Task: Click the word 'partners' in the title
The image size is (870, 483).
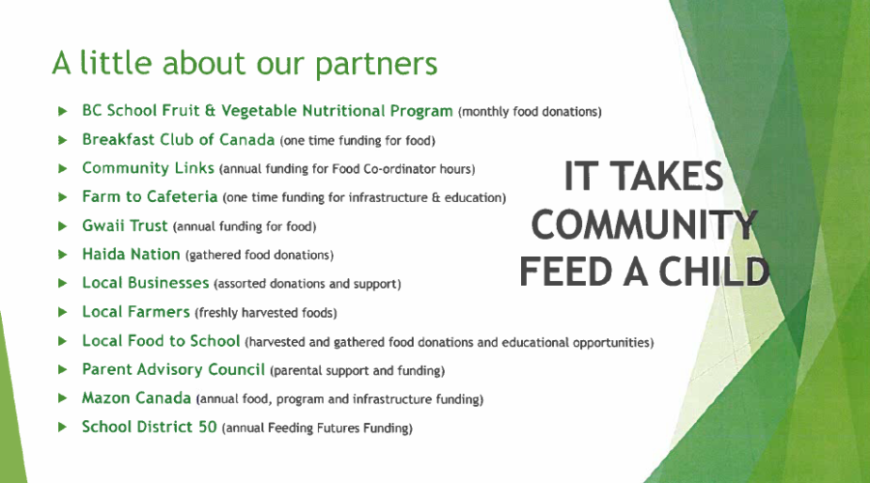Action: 376,65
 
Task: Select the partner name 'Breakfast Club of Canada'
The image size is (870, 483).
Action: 178,139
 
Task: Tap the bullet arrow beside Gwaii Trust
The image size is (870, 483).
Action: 63,226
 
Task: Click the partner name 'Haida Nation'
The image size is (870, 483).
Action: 130,254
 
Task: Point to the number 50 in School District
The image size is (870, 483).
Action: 208,426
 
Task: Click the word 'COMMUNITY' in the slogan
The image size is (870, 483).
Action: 644,224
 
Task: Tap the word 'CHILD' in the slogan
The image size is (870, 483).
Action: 713,272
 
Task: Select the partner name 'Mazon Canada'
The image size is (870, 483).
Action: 136,398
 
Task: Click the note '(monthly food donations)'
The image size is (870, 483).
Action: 530,112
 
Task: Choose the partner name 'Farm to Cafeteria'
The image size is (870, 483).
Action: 150,196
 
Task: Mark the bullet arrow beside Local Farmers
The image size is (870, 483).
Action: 63,312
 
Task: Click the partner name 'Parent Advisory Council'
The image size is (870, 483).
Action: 173,369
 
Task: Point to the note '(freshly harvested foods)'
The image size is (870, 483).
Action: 266,313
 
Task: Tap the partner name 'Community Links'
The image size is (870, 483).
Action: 148,168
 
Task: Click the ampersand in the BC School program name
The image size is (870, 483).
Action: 210,110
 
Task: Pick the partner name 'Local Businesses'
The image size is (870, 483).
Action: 145,283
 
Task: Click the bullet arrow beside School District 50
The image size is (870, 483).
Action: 63,427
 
